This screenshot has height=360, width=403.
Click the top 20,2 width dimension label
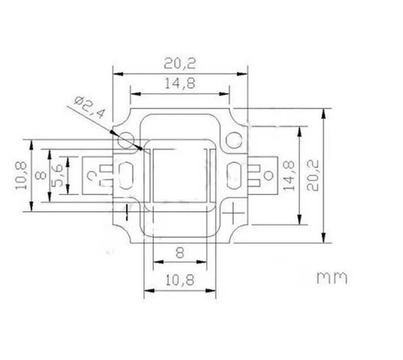pos(180,63)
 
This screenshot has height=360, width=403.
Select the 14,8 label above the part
pos(180,83)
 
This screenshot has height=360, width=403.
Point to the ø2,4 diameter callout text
pos(90,108)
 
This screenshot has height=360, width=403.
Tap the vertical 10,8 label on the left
pos(21,175)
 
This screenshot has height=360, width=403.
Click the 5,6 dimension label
pos(57,175)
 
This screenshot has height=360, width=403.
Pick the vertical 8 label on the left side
pos(41,175)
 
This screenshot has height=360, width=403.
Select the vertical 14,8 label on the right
pos(289,176)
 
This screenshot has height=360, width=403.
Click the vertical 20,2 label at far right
pos(313,175)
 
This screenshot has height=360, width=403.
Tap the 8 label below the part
pos(180,253)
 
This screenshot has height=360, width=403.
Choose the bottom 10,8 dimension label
pos(180,280)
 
